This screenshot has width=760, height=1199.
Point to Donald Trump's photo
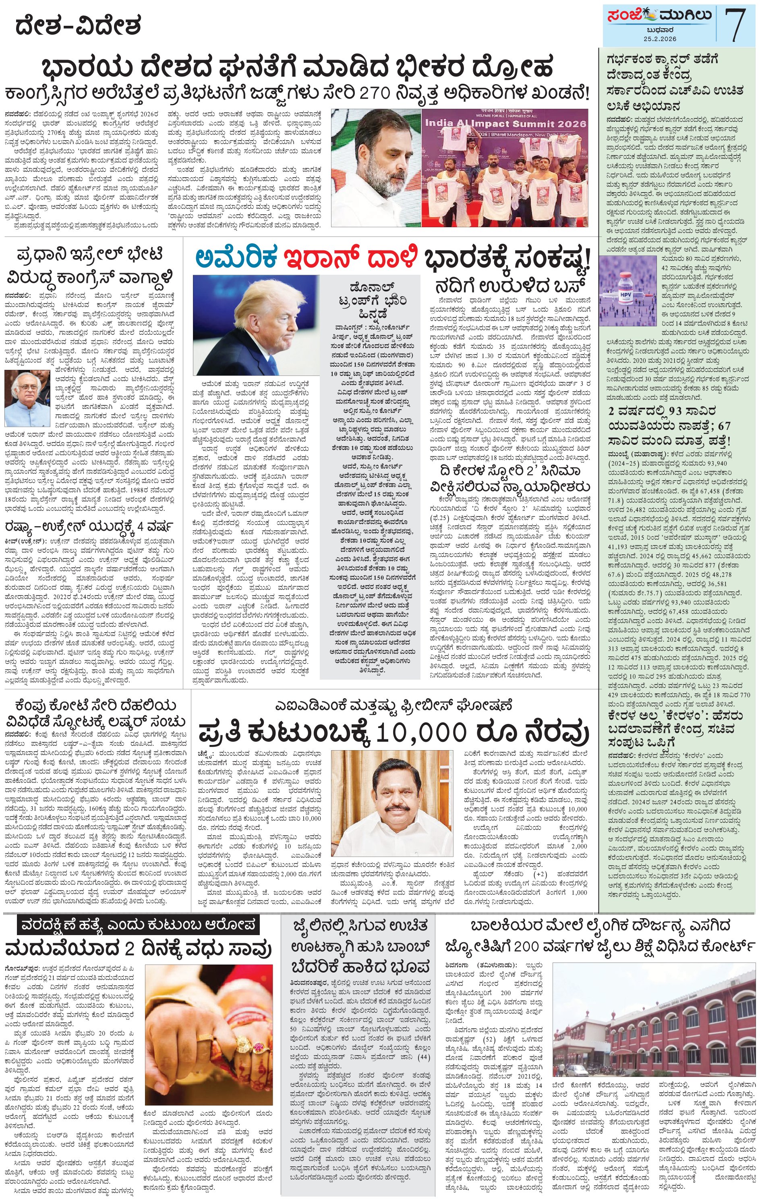point(257,325)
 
